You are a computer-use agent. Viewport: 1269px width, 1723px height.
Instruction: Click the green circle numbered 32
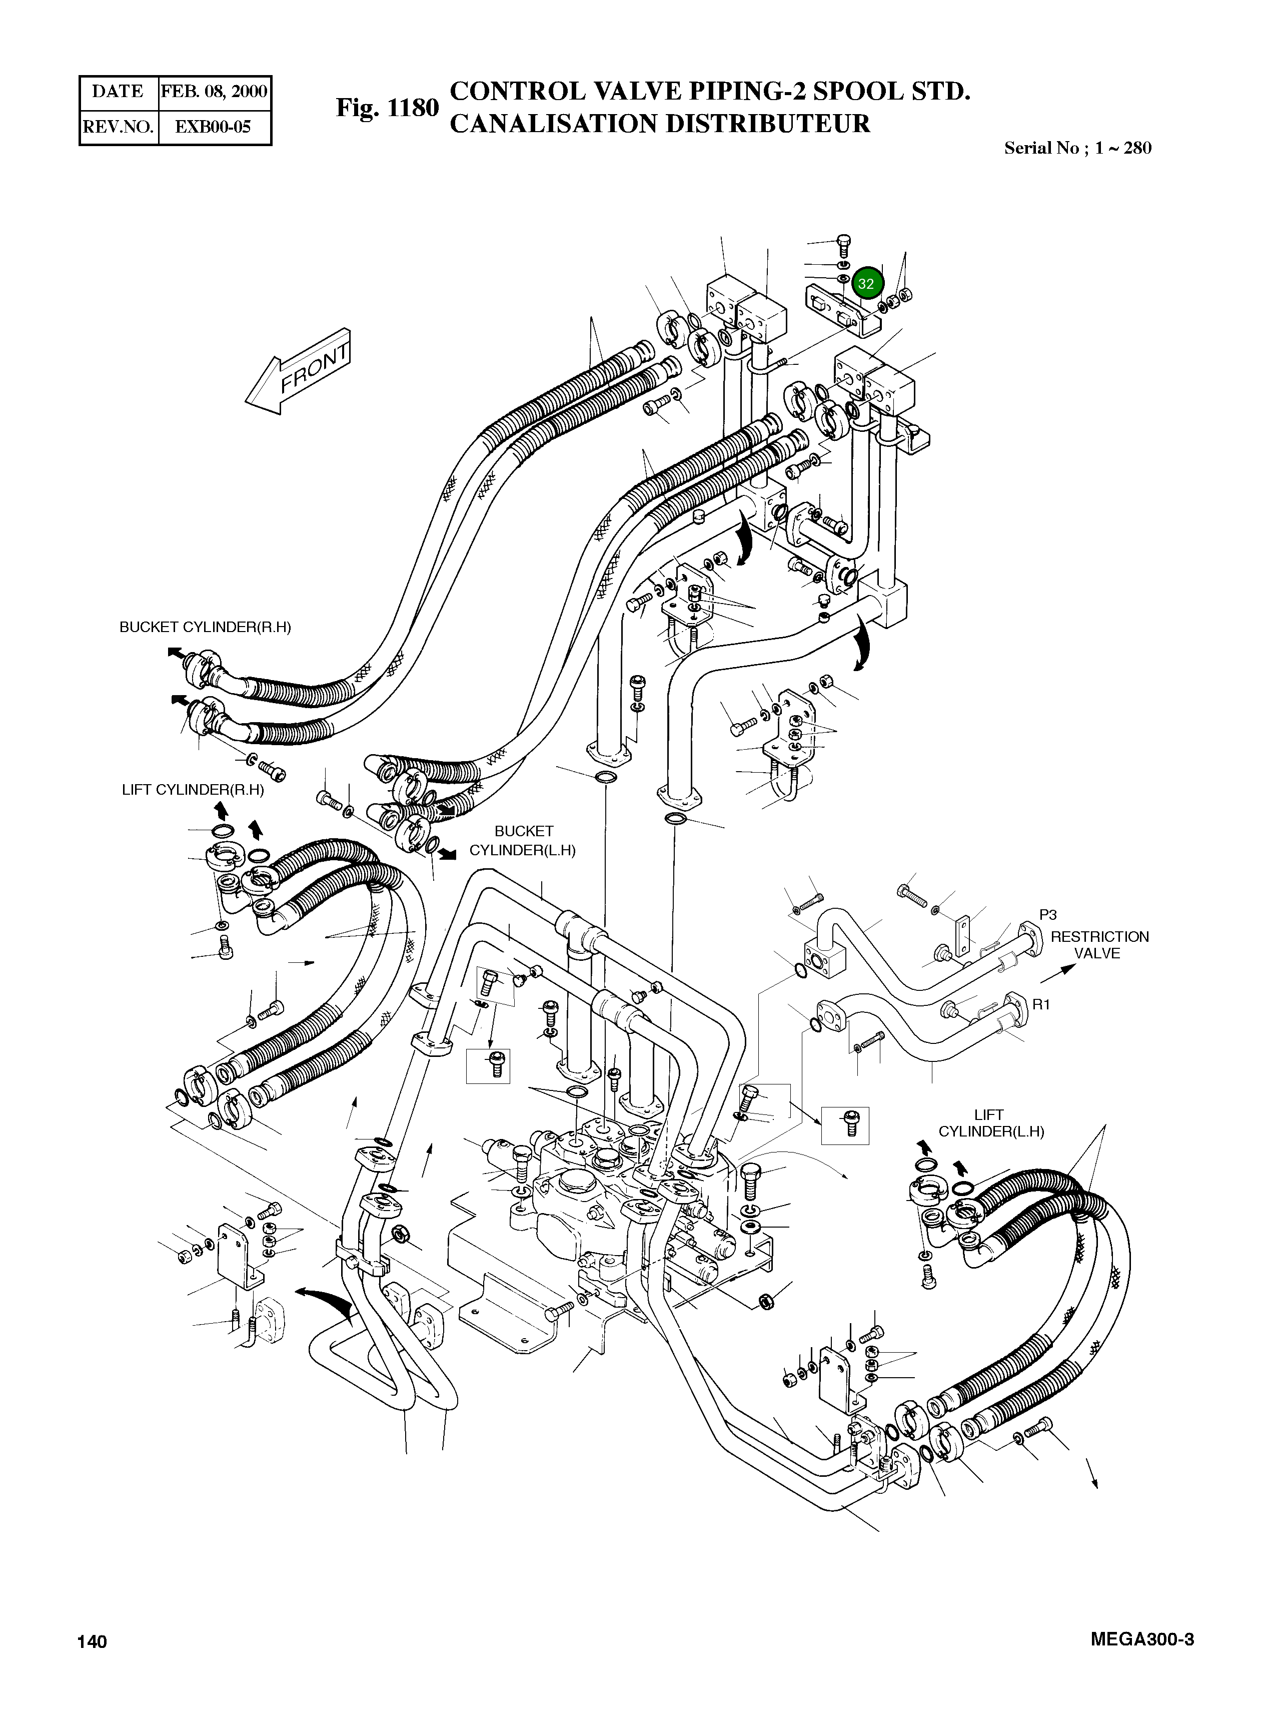866,284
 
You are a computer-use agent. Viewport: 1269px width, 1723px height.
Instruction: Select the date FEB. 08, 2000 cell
214,92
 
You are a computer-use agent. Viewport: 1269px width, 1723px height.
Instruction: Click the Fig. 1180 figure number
386,109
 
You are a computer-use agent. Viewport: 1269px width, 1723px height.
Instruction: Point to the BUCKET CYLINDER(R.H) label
205,627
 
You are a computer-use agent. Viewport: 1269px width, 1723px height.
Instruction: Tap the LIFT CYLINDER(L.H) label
991,1123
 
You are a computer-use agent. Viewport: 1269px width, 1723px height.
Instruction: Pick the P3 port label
1048,914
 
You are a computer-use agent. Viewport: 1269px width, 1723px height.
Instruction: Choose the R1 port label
1041,1004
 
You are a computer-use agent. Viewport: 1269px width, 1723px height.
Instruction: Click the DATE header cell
118,92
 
